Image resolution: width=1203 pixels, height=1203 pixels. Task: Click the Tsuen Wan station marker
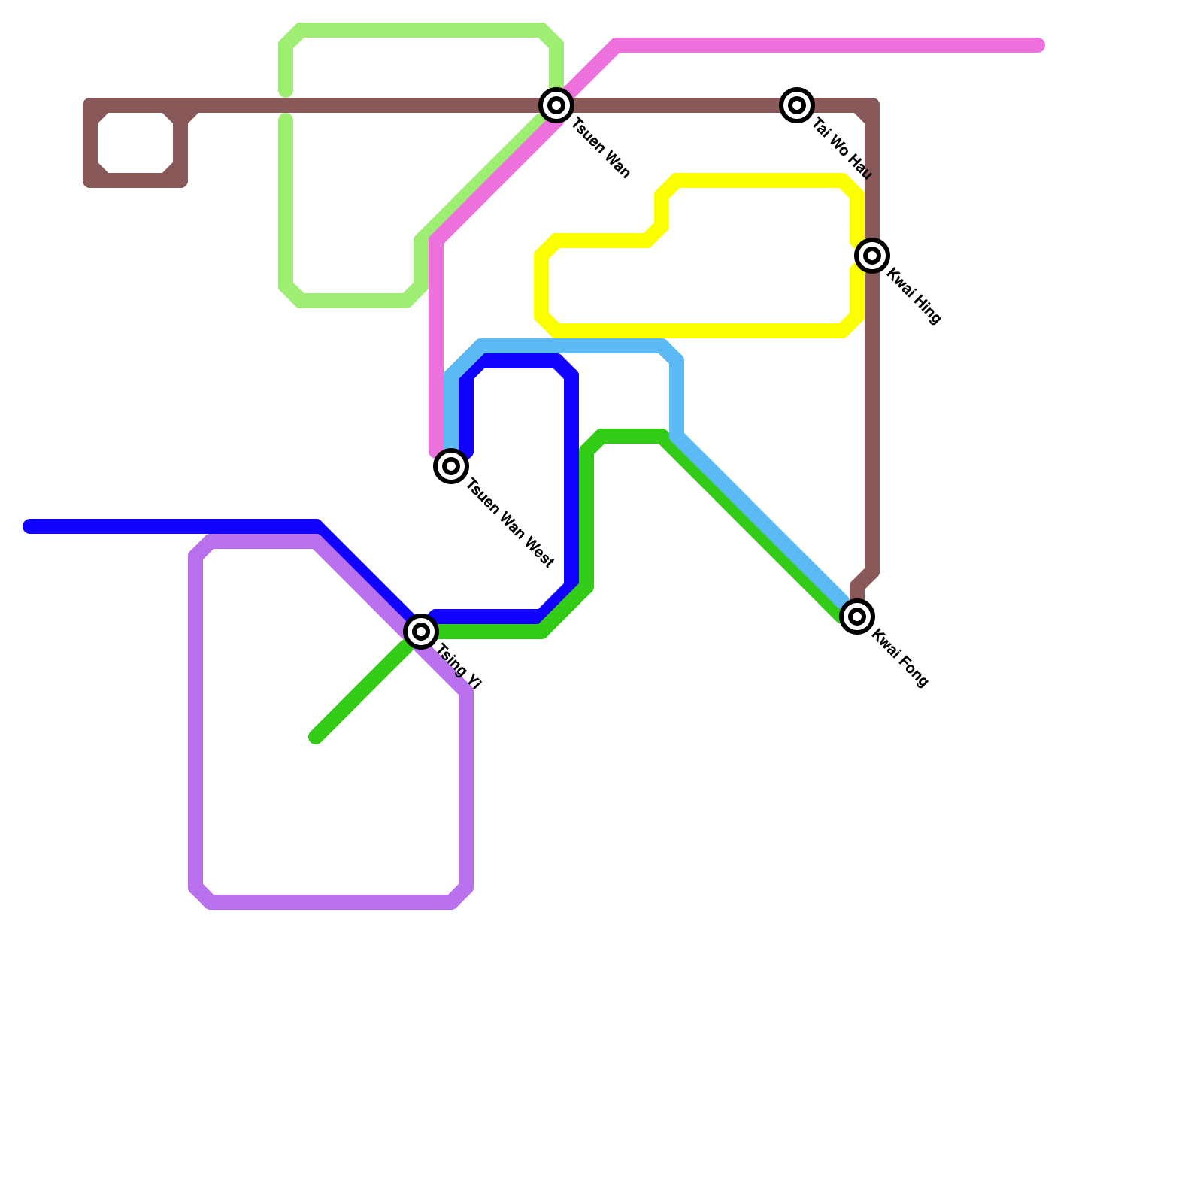coord(556,105)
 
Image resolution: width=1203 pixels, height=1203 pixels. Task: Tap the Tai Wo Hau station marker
coord(797,105)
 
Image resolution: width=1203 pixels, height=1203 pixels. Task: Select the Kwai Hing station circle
coord(872,256)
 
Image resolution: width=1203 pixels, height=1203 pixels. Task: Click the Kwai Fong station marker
coord(857,617)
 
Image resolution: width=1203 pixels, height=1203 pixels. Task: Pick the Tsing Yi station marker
coord(421,632)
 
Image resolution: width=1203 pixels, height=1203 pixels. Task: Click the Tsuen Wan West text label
coord(510,523)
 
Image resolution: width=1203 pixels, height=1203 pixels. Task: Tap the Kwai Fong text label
coord(900,658)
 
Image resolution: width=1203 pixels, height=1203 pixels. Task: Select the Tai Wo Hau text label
coord(842,149)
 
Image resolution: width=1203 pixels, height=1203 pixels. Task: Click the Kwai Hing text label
coord(914,296)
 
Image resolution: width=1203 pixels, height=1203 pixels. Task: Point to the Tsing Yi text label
coord(459,667)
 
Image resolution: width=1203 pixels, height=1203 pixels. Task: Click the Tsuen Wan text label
coord(601,148)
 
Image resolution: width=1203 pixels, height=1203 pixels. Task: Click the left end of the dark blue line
coord(29,526)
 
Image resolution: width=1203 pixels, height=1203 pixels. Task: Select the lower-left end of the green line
coord(316,738)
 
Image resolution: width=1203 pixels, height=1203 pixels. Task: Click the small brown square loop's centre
coord(135,143)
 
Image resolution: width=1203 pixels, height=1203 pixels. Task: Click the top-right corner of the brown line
coord(872,105)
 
